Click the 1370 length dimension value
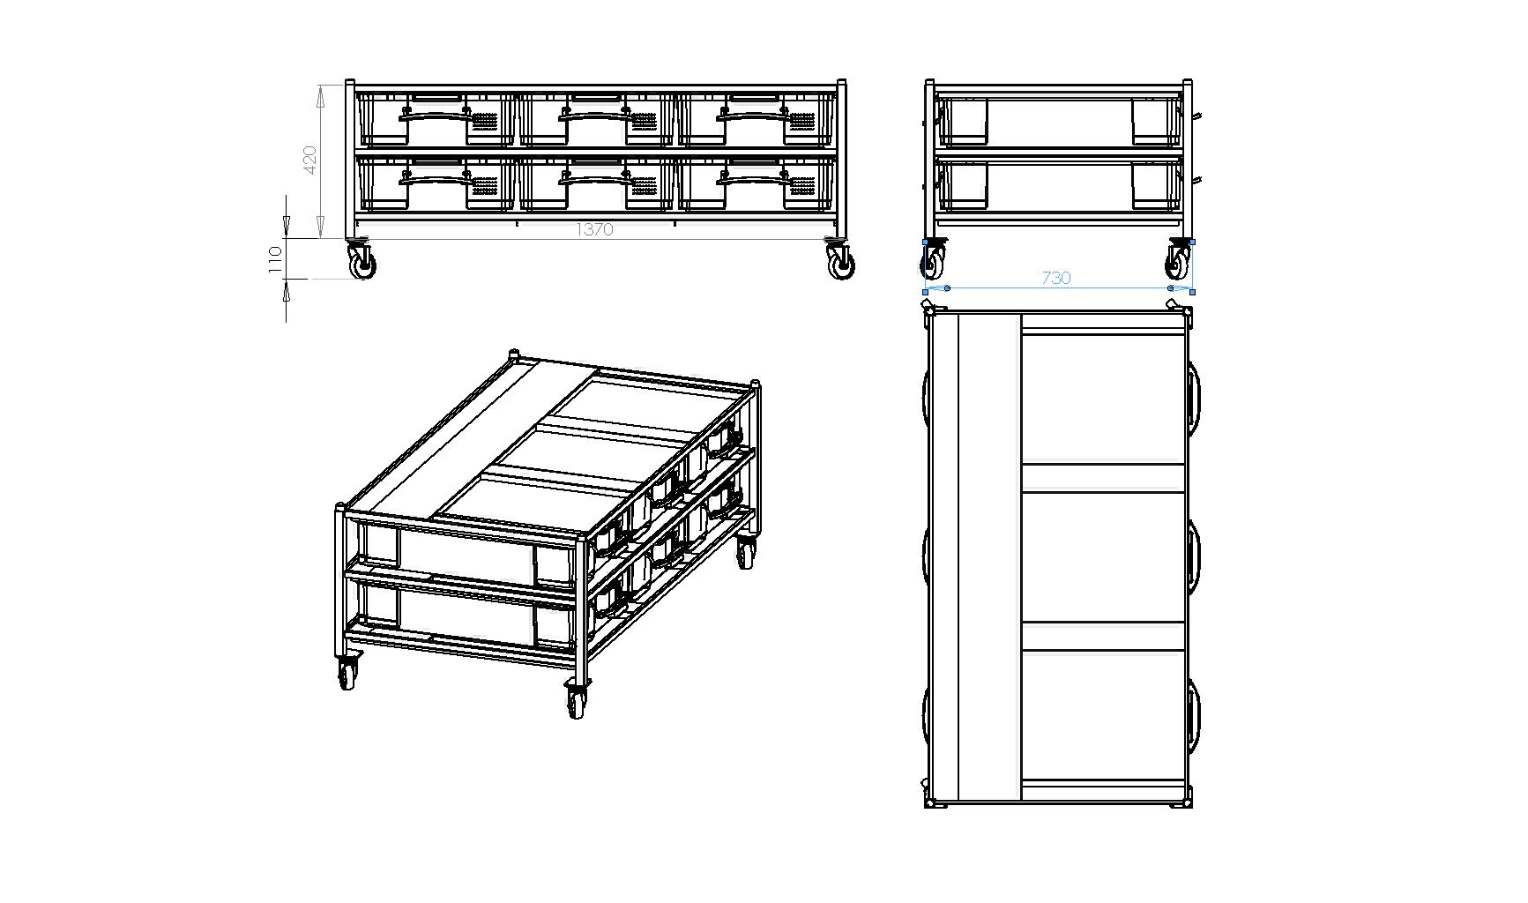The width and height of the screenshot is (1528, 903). coord(594,229)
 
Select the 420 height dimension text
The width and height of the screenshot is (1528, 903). coord(309,160)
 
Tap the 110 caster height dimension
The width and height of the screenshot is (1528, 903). coord(275,259)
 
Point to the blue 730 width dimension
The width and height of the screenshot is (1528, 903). coord(1055,278)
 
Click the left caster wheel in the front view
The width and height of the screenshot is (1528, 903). coord(362,264)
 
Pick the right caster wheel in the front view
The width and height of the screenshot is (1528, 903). coord(841,264)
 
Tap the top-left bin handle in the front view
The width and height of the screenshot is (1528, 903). coord(436,113)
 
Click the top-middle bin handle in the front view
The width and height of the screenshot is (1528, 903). coord(595,113)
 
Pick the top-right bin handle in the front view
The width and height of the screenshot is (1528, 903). coord(753,113)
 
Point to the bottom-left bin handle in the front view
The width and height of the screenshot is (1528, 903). coord(436,179)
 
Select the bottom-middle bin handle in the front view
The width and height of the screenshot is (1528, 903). coord(595,179)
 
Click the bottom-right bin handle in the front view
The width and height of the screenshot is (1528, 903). coord(753,179)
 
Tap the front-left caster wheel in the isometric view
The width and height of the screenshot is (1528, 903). coord(347,675)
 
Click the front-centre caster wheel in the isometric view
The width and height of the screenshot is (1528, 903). coord(577,702)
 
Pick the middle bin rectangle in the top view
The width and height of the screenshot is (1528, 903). coord(1103,556)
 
